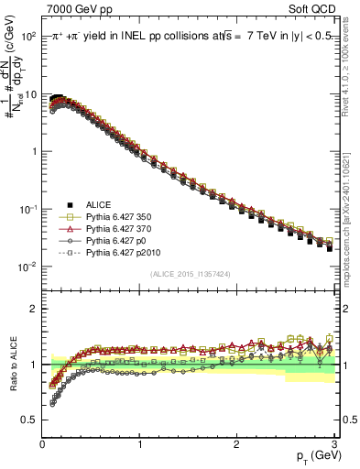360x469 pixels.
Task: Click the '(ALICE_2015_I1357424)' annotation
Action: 189,274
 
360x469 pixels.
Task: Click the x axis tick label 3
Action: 334,444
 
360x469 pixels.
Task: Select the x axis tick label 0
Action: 42,444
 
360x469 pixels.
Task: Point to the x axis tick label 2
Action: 237,444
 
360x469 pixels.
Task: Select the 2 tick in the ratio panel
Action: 33,309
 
